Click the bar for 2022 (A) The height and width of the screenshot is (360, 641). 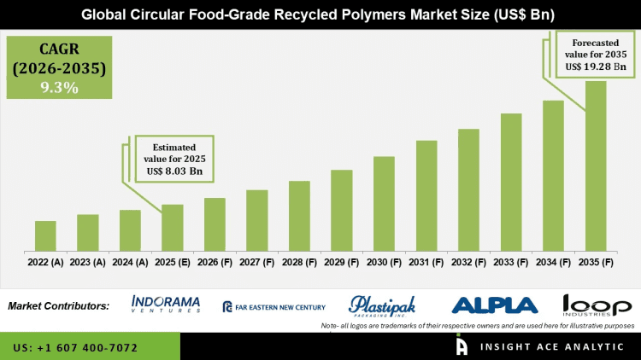click(45, 236)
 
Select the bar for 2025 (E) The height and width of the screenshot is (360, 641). click(173, 228)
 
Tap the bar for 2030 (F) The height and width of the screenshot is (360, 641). click(384, 204)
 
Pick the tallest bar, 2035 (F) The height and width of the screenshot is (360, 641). click(596, 166)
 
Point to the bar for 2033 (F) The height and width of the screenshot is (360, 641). click(511, 183)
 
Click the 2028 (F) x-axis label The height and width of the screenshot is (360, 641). click(299, 264)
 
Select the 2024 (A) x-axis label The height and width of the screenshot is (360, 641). click(130, 264)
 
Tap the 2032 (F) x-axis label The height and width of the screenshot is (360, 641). click(468, 264)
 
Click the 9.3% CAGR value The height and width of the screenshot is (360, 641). click(56, 87)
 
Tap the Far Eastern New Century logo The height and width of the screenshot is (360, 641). click(273, 306)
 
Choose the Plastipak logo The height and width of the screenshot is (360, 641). click(383, 305)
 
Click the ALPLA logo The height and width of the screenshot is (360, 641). click(494, 305)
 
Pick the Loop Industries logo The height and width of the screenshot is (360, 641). click(597, 305)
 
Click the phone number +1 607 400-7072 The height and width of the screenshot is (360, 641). click(76, 348)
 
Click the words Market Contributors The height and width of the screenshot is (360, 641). click(59, 305)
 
